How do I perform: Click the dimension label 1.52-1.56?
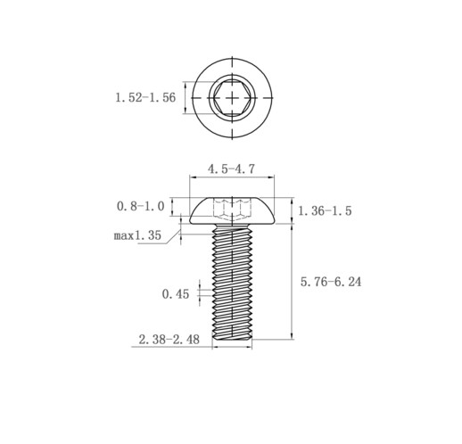click(145, 97)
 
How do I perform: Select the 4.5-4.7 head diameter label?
click(231, 169)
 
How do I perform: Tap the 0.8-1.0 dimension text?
click(140, 206)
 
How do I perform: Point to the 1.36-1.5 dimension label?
click(325, 210)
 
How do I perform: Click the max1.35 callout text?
click(137, 235)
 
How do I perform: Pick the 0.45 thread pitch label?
click(176, 294)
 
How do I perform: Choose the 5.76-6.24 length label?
click(331, 282)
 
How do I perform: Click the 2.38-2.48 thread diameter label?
click(169, 339)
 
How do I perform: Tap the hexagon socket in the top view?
click(232, 97)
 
